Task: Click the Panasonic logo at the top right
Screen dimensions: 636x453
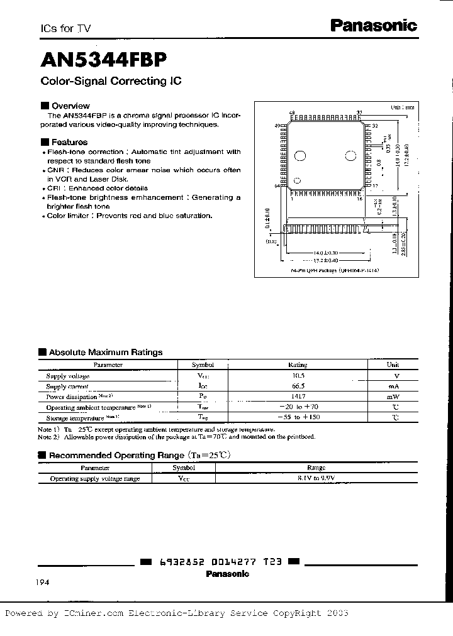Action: coord(374,26)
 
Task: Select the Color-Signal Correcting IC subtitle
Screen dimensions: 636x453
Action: coord(111,82)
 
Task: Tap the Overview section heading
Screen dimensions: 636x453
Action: coord(70,106)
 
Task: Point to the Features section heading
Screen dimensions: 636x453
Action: coord(69,142)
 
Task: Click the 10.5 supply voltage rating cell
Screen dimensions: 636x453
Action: coord(297,375)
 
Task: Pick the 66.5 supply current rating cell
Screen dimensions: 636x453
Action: coord(297,386)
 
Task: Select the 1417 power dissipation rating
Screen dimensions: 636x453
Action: coord(297,397)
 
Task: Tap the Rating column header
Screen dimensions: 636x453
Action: coord(297,365)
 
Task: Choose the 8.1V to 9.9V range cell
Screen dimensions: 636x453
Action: coord(316,478)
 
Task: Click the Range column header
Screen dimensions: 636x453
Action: coord(316,468)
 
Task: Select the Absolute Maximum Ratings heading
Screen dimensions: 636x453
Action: coord(106,353)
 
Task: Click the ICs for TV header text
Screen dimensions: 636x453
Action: coord(62,29)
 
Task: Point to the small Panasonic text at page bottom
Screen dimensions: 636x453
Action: coord(227,574)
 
